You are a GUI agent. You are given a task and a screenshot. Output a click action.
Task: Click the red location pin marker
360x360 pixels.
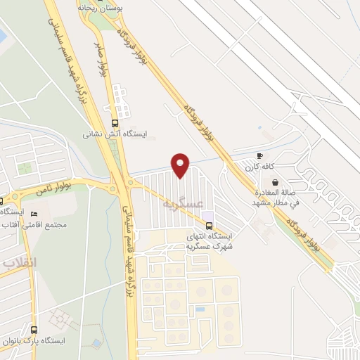tap(181, 165)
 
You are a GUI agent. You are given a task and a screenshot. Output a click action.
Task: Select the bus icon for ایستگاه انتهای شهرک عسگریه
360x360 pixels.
tap(209, 226)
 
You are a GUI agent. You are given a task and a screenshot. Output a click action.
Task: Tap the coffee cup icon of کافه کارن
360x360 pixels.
tap(259, 156)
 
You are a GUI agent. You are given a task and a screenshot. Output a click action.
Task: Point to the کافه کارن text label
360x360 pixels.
tap(259, 167)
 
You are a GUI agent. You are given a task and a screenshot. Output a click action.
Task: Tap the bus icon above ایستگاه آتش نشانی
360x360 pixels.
tap(115, 122)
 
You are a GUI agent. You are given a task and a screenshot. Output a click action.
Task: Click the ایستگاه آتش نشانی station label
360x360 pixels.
tap(114, 133)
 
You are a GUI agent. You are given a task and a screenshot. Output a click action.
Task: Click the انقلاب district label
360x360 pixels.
tap(18, 263)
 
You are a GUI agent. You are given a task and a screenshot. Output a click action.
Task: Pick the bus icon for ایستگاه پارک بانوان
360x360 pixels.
tap(34, 330)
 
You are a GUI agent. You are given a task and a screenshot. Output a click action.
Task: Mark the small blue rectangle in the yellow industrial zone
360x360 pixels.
tap(201, 309)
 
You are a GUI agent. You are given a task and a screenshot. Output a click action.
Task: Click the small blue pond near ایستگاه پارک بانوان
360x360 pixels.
tap(96, 343)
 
